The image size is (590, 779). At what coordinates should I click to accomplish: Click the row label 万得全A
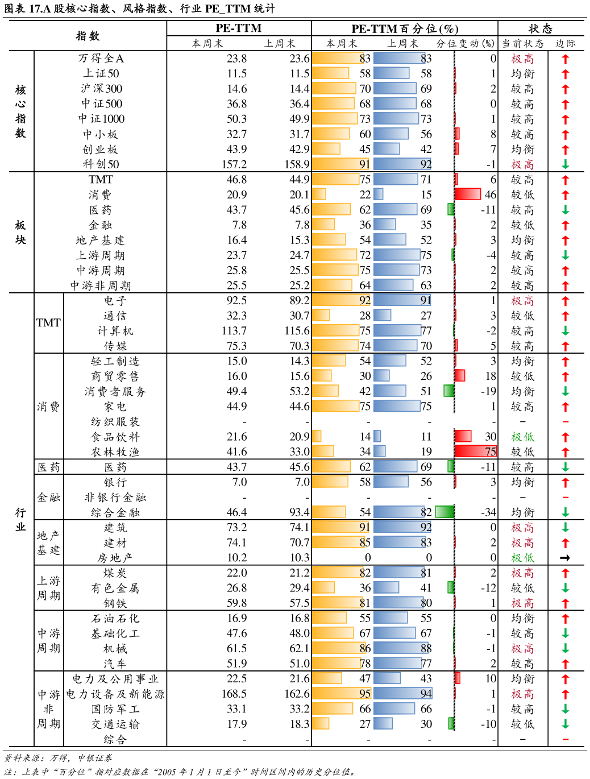coord(101,58)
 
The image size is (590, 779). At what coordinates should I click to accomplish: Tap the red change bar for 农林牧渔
coord(475,451)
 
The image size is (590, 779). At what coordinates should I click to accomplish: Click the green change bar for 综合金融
coord(444,512)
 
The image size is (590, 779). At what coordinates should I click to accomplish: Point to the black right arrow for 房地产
coord(565,558)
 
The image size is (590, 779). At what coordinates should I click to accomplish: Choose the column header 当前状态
coord(522,43)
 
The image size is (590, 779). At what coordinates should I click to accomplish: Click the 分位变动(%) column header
coord(465,43)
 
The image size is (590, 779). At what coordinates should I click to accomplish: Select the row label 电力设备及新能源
coord(115,694)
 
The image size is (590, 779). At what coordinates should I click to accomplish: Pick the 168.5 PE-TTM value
coord(234,694)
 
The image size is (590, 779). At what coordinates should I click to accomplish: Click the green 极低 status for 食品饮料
coord(522,437)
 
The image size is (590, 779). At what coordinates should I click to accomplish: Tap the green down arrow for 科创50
coord(565,164)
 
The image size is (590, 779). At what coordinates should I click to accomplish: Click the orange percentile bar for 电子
coord(341,300)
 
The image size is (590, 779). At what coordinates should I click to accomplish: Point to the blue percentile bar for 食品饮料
coord(377,436)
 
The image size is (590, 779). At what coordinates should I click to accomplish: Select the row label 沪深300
coord(102,88)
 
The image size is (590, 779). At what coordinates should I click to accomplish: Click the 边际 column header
coord(566,43)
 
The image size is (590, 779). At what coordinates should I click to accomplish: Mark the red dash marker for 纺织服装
coord(566,421)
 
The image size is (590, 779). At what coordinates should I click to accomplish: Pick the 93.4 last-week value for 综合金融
coord(300,512)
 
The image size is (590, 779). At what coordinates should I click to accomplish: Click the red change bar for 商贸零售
coord(460,375)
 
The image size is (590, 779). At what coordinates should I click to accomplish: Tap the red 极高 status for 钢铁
coord(522,603)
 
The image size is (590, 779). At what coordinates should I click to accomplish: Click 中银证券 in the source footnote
coord(95,758)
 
